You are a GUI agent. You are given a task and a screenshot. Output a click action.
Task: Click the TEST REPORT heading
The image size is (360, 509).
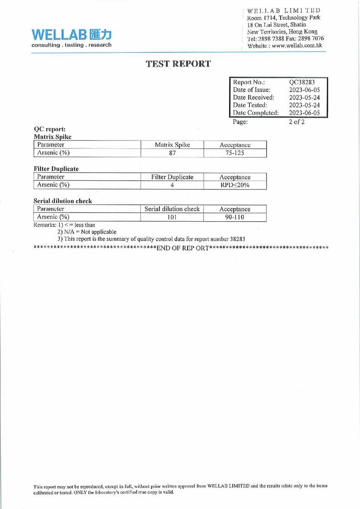point(179,64)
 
